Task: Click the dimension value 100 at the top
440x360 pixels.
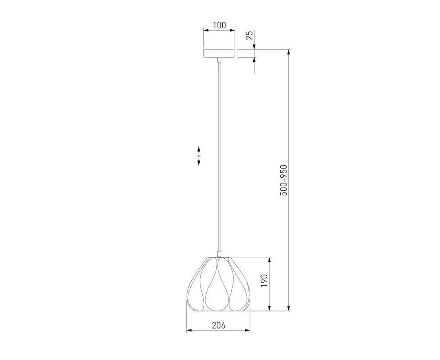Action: tap(219, 25)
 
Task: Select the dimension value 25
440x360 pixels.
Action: tap(249, 35)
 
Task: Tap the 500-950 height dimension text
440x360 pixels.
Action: tap(284, 180)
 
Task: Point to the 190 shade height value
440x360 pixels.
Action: tap(264, 281)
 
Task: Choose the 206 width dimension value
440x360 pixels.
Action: tap(218, 325)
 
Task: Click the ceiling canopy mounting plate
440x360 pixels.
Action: tap(219, 53)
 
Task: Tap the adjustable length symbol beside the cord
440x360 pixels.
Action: tap(198, 156)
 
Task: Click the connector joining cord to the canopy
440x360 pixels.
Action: tap(219, 60)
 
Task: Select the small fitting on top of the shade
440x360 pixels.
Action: tap(219, 254)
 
